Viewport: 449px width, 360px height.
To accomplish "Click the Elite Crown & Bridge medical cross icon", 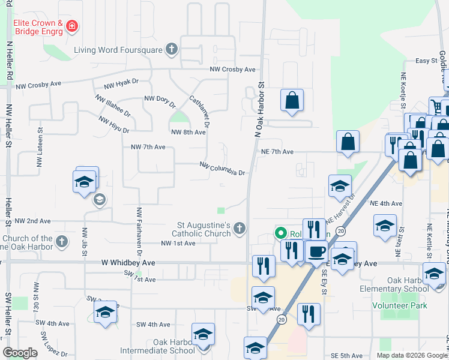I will (x=72, y=26).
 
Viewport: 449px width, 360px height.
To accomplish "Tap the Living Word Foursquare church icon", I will (x=172, y=49).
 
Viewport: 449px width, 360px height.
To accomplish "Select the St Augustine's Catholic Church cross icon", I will (x=240, y=228).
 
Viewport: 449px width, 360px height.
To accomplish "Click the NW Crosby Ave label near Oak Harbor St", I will (x=233, y=70).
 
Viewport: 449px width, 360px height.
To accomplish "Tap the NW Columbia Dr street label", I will (x=223, y=168).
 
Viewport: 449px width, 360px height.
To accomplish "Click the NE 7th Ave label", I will (x=277, y=152).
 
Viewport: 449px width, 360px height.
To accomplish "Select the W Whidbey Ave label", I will (x=128, y=263).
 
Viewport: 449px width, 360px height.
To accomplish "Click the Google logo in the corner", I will (x=20, y=353).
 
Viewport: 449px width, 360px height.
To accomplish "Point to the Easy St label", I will (x=427, y=61).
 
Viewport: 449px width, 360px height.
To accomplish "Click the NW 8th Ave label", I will (x=188, y=132).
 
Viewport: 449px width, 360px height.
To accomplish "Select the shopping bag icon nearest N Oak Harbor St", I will (x=292, y=100).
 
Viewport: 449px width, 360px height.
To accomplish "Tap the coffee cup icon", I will (x=316, y=251).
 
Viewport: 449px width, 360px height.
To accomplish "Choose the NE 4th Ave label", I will (x=385, y=203).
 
